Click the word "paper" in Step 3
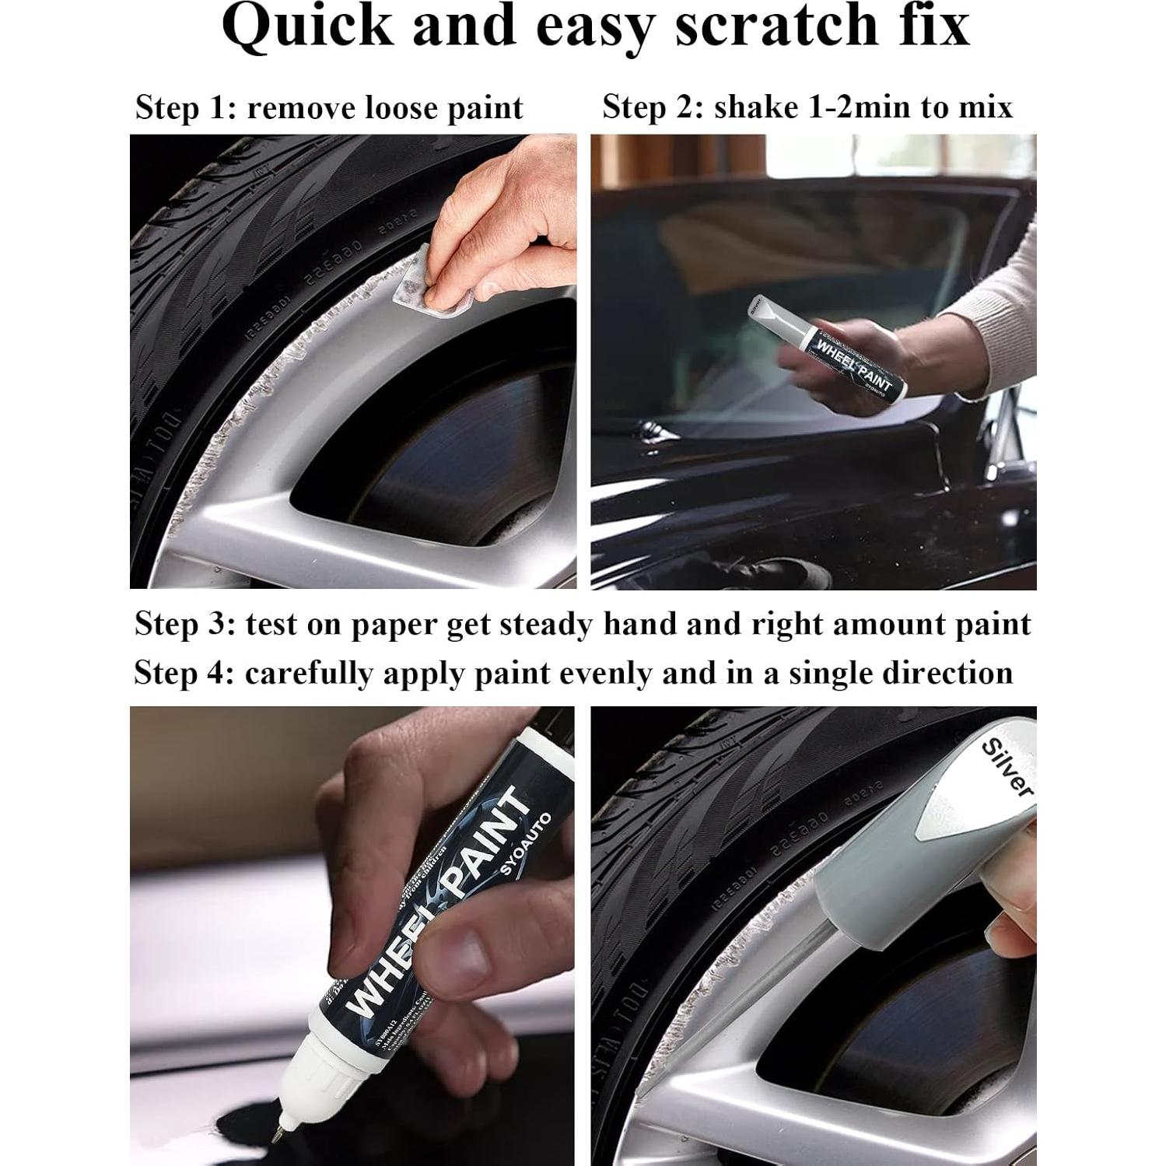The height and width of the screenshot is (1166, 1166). pyautogui.click(x=395, y=625)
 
